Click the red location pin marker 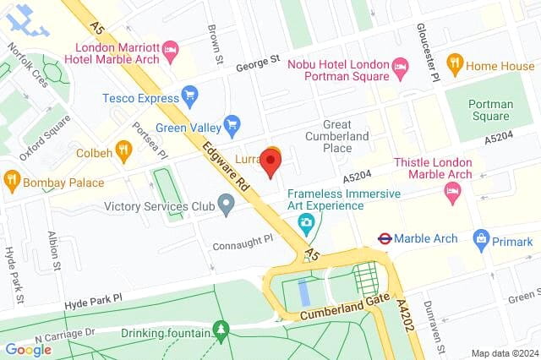(270, 161)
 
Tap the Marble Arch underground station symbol (383, 238)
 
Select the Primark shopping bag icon (482, 238)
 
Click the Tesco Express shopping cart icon (190, 94)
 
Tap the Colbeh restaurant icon (124, 152)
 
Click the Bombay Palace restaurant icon (12, 180)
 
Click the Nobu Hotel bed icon (400, 65)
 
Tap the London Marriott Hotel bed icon (170, 52)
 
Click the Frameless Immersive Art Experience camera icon (306, 224)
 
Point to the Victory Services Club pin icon (226, 204)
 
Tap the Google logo (28, 349)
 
